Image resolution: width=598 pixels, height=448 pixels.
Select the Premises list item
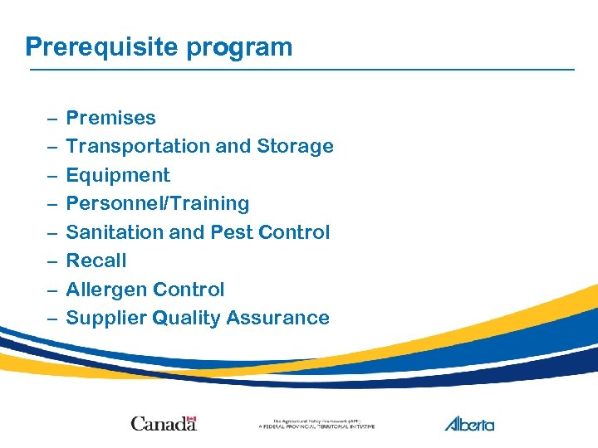tap(110, 118)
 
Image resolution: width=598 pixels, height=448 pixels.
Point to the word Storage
tap(295, 147)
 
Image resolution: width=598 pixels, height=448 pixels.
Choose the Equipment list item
tap(118, 175)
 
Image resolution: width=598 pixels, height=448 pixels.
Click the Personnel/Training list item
tap(157, 204)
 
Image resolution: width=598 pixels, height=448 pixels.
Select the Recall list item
tap(96, 261)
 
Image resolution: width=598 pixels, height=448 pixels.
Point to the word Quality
tap(173, 318)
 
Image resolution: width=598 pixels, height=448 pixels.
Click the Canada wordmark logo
tap(163, 423)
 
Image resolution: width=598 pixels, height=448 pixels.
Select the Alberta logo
tap(469, 423)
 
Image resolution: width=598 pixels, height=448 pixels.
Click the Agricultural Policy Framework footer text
tap(316, 423)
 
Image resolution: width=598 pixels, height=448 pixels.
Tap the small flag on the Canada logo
tap(191, 418)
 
